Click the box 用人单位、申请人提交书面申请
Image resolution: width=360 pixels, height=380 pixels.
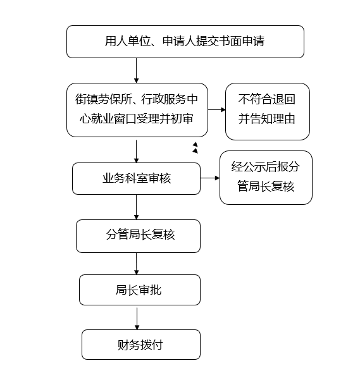[x=185, y=42]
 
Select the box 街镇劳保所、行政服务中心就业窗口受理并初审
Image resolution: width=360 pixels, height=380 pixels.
[x=137, y=110]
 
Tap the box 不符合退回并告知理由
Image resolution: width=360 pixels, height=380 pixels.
[x=268, y=111]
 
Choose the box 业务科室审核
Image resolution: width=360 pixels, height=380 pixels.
[x=136, y=178]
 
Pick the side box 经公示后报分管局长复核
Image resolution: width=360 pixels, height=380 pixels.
[x=266, y=178]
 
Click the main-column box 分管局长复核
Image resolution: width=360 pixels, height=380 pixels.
[x=138, y=236]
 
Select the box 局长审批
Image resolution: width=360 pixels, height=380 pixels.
[x=140, y=290]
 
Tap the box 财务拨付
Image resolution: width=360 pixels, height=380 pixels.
[x=141, y=345]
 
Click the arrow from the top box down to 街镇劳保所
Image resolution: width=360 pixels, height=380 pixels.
[x=136, y=71]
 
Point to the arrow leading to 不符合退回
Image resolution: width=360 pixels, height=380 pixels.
[x=217, y=110]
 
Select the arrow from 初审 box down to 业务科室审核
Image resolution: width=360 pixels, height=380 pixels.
[x=136, y=151]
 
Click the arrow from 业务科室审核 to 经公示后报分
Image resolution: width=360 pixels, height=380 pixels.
[x=210, y=178]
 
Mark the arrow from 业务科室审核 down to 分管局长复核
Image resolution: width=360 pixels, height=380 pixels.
[x=136, y=207]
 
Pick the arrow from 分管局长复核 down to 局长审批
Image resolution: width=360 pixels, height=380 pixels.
[x=136, y=264]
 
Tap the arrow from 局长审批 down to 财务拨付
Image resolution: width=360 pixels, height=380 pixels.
[x=137, y=319]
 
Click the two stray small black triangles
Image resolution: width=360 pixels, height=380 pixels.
[x=195, y=148]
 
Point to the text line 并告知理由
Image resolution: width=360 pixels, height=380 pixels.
[x=266, y=119]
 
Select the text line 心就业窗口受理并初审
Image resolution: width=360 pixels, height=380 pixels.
[x=137, y=119]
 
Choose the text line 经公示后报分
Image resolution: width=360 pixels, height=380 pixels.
[x=266, y=166]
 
